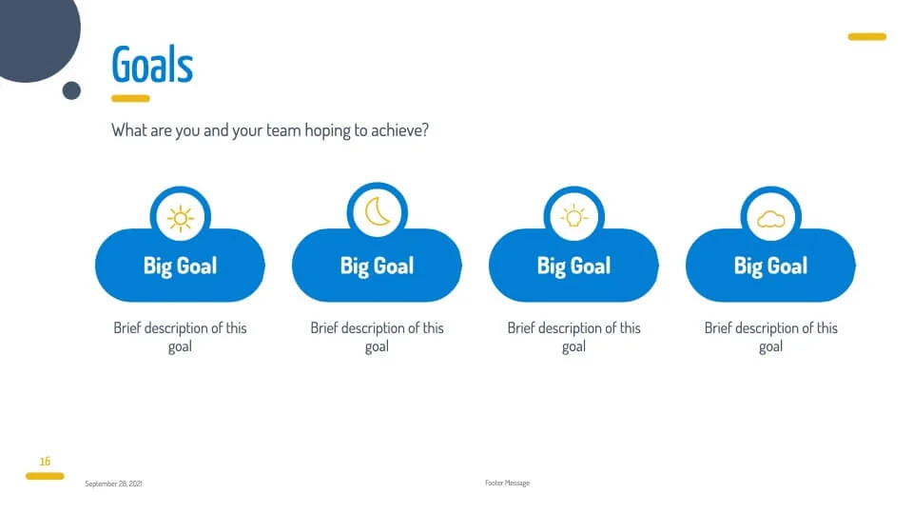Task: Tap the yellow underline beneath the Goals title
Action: point(130,98)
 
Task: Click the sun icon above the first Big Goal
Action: point(181,219)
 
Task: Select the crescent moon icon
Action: point(378,211)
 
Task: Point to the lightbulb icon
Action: point(574,216)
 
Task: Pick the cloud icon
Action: point(771,219)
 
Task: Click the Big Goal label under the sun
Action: point(180,267)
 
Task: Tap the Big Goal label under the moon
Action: point(377,267)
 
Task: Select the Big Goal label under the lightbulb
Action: point(573,267)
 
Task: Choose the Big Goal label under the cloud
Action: point(770,267)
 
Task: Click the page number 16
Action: point(45,462)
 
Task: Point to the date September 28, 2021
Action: point(113,484)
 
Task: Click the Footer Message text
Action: point(507,484)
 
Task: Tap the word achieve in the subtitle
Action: point(399,130)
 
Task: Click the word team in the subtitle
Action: point(283,130)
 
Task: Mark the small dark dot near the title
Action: point(71,91)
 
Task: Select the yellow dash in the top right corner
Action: point(867,37)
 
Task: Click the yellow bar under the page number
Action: point(45,476)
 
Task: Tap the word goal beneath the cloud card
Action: point(770,346)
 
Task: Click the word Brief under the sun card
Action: point(127,328)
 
